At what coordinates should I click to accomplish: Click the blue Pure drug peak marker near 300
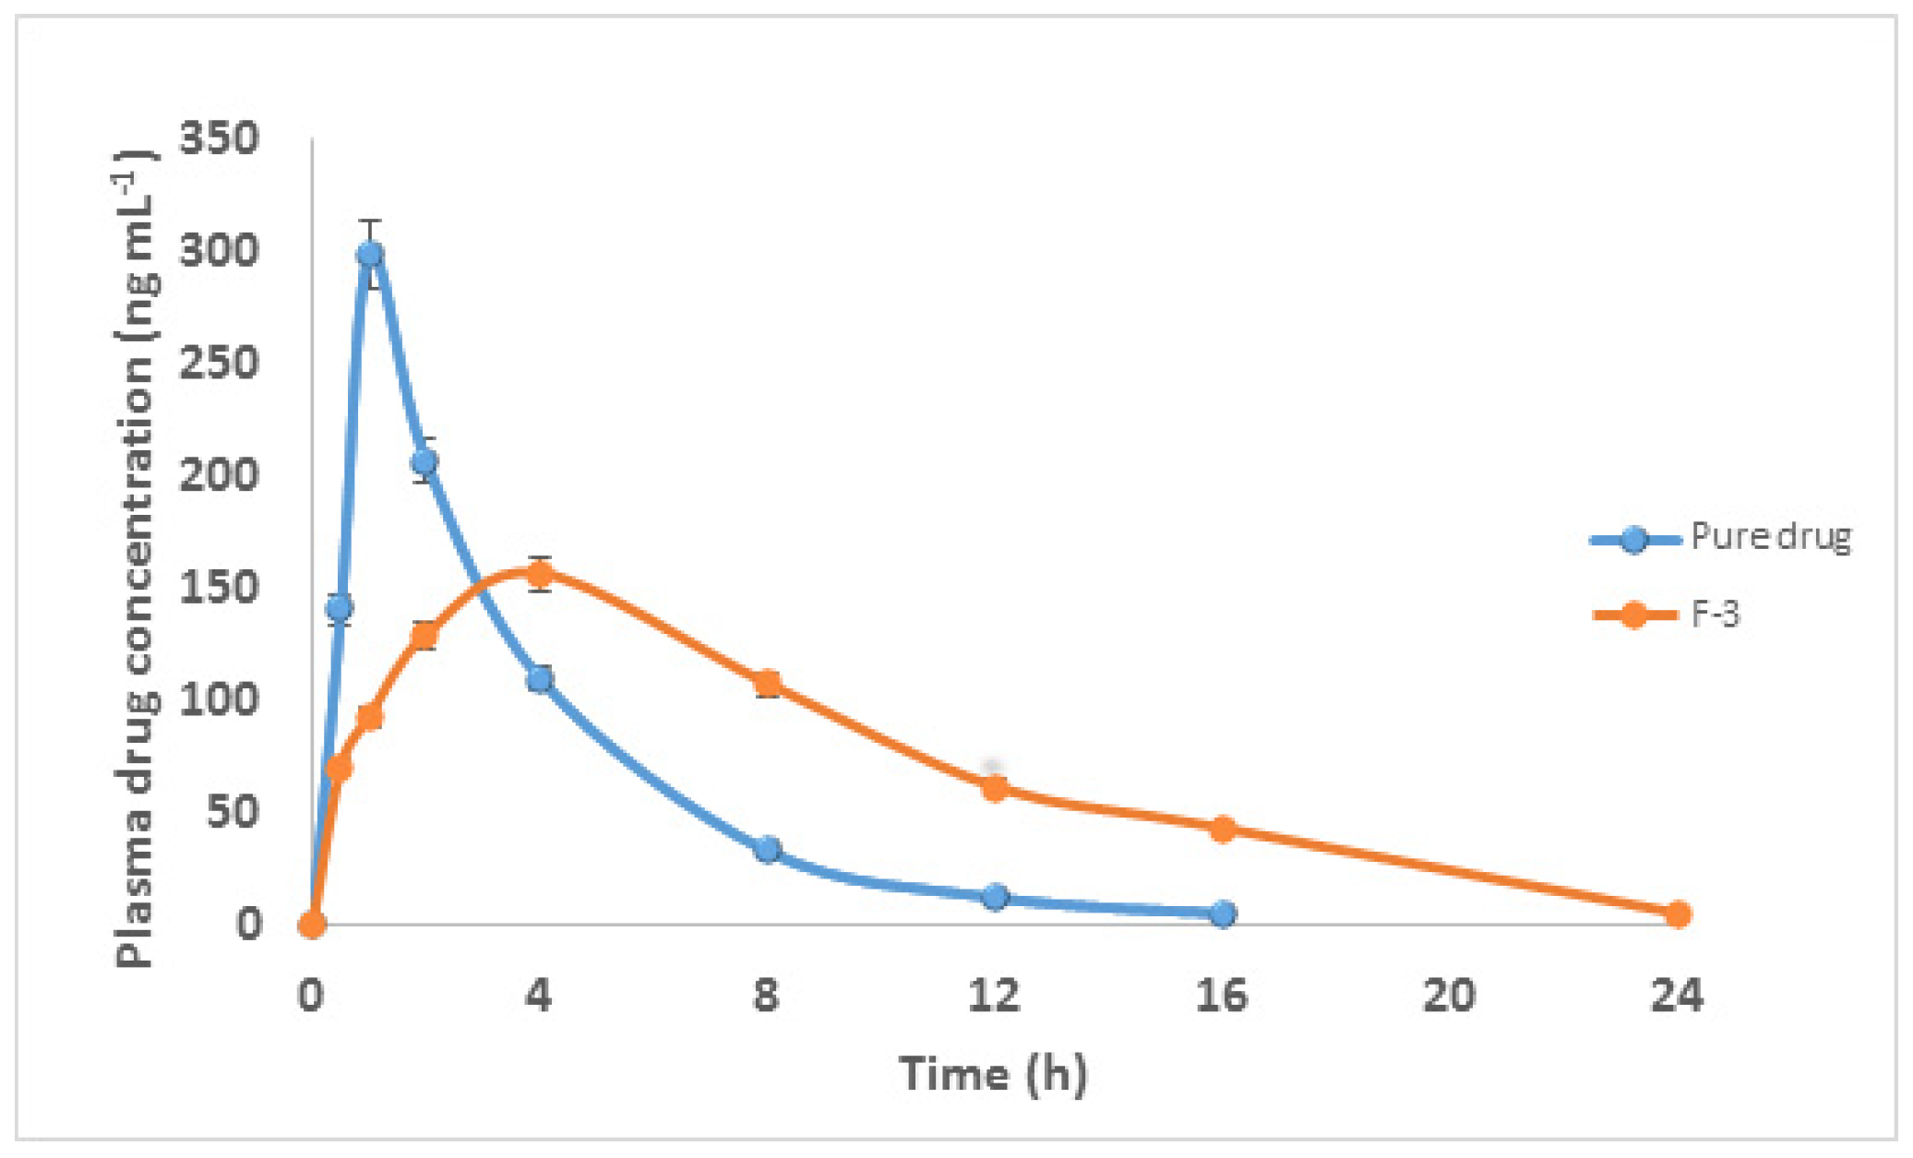pyautogui.click(x=370, y=254)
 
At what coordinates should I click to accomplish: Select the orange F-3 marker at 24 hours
pyautogui.click(x=1678, y=914)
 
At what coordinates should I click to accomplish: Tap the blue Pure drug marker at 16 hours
pyautogui.click(x=1223, y=913)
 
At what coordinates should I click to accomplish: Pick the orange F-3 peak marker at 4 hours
pyautogui.click(x=540, y=575)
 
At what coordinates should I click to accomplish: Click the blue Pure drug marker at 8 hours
pyautogui.click(x=767, y=849)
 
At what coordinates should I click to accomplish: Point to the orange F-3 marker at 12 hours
pyautogui.click(x=995, y=788)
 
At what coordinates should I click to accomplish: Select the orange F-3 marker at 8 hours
pyautogui.click(x=767, y=683)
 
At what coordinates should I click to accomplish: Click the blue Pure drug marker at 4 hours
pyautogui.click(x=540, y=680)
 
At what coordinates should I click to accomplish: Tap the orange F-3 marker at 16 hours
pyautogui.click(x=1223, y=829)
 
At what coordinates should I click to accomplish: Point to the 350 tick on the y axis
pyautogui.click(x=219, y=139)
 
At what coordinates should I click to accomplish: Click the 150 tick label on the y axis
pyautogui.click(x=219, y=588)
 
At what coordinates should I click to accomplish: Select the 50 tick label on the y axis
pyautogui.click(x=232, y=812)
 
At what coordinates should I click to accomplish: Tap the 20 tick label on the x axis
pyautogui.click(x=1449, y=996)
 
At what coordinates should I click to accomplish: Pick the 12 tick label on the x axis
pyautogui.click(x=994, y=996)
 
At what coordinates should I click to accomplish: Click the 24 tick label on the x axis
pyautogui.click(x=1677, y=996)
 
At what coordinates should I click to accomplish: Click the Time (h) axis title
pyautogui.click(x=993, y=1074)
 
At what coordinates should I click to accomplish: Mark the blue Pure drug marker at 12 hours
pyautogui.click(x=995, y=896)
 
